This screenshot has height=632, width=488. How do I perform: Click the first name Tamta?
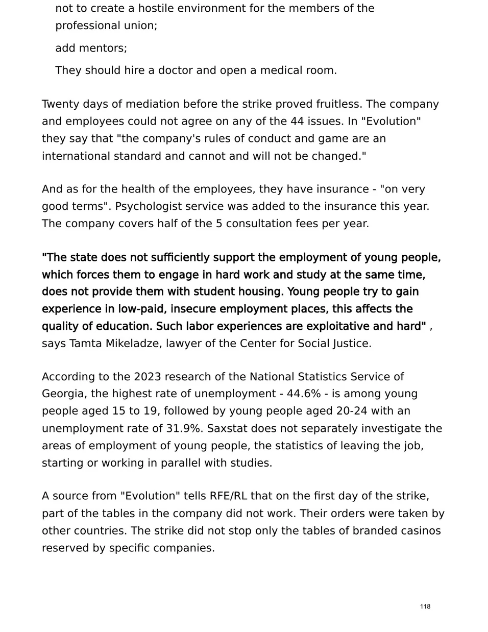pyautogui.click(x=85, y=344)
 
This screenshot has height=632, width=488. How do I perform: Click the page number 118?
pyautogui.click(x=425, y=606)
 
